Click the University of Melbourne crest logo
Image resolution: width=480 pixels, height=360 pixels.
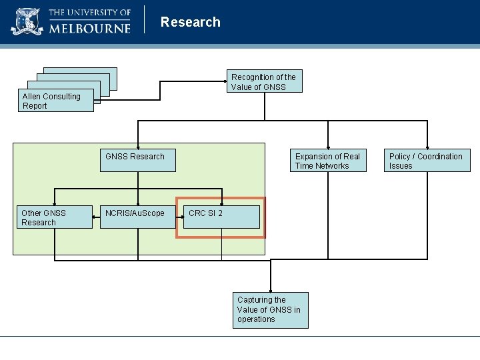tap(27, 21)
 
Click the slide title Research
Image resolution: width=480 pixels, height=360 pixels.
tap(190, 22)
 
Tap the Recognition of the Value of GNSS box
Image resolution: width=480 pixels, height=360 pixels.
tap(264, 81)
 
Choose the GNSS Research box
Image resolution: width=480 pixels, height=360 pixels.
tap(137, 160)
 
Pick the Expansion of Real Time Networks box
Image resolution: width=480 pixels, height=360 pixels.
tap(328, 161)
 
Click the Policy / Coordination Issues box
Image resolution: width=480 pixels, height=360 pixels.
tap(427, 161)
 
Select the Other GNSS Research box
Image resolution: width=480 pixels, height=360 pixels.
tap(54, 217)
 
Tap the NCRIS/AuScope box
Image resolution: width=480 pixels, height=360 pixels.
tap(137, 217)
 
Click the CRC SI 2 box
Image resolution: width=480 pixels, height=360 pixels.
tap(221, 217)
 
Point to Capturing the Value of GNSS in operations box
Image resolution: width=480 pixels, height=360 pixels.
tap(271, 310)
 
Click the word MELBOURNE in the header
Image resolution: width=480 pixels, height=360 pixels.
tap(88, 27)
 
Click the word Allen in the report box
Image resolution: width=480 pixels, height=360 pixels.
tap(33, 97)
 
